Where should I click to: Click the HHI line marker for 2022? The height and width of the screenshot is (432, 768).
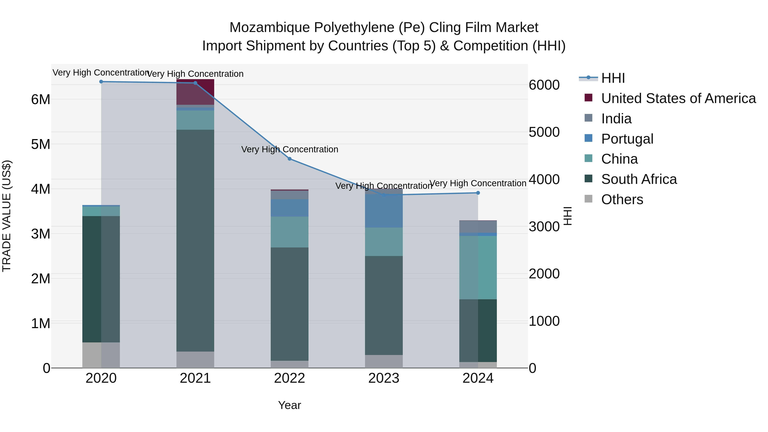289,159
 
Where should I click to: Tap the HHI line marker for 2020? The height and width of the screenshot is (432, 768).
101,82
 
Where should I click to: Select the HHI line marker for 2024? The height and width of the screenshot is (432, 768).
478,193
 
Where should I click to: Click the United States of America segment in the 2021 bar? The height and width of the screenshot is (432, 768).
195,92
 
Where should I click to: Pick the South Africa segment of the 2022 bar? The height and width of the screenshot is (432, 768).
289,304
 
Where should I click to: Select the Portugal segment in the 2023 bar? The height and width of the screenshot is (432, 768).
384,211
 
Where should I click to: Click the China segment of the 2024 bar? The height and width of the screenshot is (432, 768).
478,268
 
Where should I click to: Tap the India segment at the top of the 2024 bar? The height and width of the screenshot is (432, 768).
478,227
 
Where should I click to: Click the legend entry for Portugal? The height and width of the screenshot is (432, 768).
627,139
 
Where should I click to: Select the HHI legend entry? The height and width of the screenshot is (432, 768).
613,78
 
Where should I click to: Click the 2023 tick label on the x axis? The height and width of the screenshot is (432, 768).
384,378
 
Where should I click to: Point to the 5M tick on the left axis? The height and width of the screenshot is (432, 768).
41,144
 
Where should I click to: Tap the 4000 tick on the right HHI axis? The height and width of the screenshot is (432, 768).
544,179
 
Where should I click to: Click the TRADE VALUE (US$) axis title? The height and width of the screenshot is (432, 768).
7,216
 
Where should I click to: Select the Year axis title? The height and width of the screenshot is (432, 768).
289,405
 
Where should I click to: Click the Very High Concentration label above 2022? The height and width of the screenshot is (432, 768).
289,149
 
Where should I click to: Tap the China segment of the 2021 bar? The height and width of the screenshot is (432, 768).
195,120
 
